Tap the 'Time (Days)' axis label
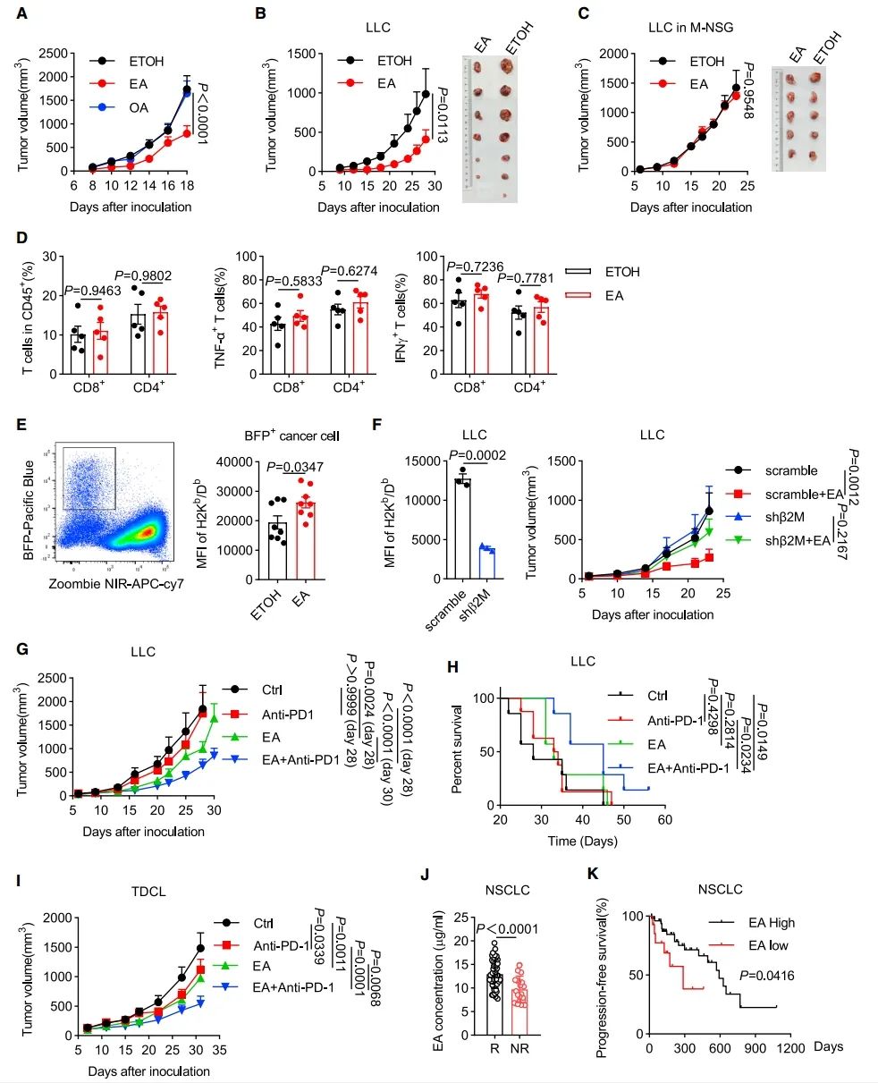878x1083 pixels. pyautogui.click(x=583, y=842)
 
